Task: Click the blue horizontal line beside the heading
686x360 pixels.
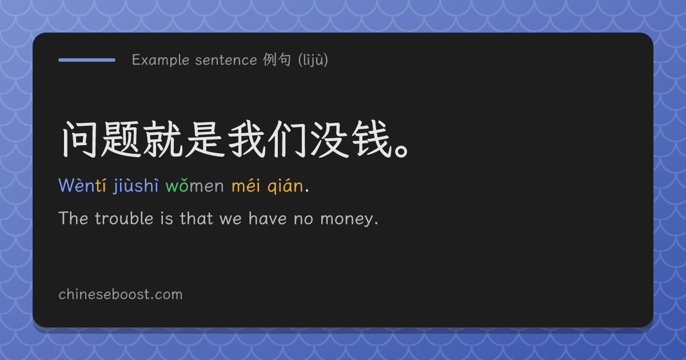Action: point(87,60)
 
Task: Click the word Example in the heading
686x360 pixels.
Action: point(161,60)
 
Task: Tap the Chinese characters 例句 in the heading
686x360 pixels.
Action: point(277,59)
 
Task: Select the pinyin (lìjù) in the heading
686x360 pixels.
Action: point(313,60)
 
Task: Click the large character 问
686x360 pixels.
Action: point(79,139)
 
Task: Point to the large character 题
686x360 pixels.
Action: point(121,139)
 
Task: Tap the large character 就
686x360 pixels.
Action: point(163,139)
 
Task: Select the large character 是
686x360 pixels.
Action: point(205,139)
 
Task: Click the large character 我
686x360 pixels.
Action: point(246,139)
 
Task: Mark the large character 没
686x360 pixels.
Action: point(330,139)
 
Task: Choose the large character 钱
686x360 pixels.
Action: point(372,139)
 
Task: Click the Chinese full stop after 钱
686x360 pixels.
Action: point(401,151)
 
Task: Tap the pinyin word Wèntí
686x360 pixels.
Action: point(82,186)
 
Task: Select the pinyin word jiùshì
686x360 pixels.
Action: point(136,186)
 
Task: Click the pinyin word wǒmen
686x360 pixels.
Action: point(195,186)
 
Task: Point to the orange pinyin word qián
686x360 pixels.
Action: point(285,186)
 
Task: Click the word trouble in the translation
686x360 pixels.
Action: point(124,218)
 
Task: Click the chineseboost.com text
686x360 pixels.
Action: point(121,294)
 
